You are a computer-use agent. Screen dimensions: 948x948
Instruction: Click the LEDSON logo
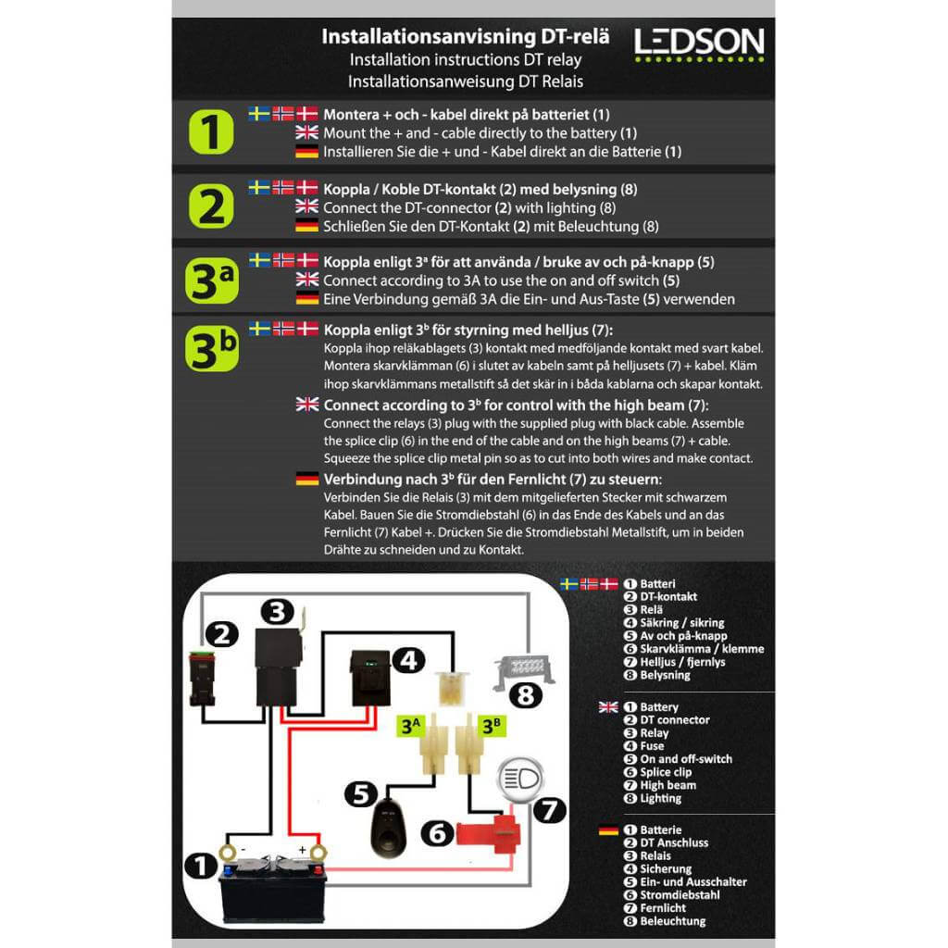pos(699,43)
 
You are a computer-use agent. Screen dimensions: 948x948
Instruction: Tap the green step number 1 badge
pos(212,132)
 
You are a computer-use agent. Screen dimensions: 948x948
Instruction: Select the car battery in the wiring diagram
pos(273,887)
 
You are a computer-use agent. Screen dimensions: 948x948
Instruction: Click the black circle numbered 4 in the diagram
pos(407,660)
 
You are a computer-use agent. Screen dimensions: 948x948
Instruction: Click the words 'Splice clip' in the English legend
pos(666,772)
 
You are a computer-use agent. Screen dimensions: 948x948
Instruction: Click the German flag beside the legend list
pos(608,830)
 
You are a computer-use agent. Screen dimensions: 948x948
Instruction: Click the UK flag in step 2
pos(306,206)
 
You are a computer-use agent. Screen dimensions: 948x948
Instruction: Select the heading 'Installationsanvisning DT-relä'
pos(465,38)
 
